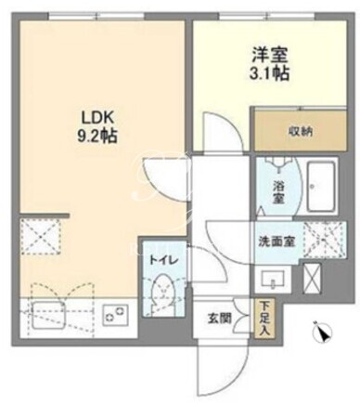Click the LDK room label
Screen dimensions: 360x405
coord(97,119)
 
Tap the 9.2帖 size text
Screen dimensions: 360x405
coord(97,136)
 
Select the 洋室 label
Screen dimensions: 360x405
coord(270,56)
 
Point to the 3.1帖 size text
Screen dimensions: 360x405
coord(270,73)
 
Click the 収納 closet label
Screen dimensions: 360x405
coord(301,132)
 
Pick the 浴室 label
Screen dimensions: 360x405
coord(278,191)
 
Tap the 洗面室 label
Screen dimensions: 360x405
coord(276,242)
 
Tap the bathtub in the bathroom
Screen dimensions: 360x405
coord(321,187)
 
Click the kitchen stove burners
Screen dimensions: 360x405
coord(116,315)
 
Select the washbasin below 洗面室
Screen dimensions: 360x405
coord(273,279)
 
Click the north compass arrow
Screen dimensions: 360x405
coord(322,332)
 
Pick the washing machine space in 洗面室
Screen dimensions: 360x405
coord(324,240)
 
